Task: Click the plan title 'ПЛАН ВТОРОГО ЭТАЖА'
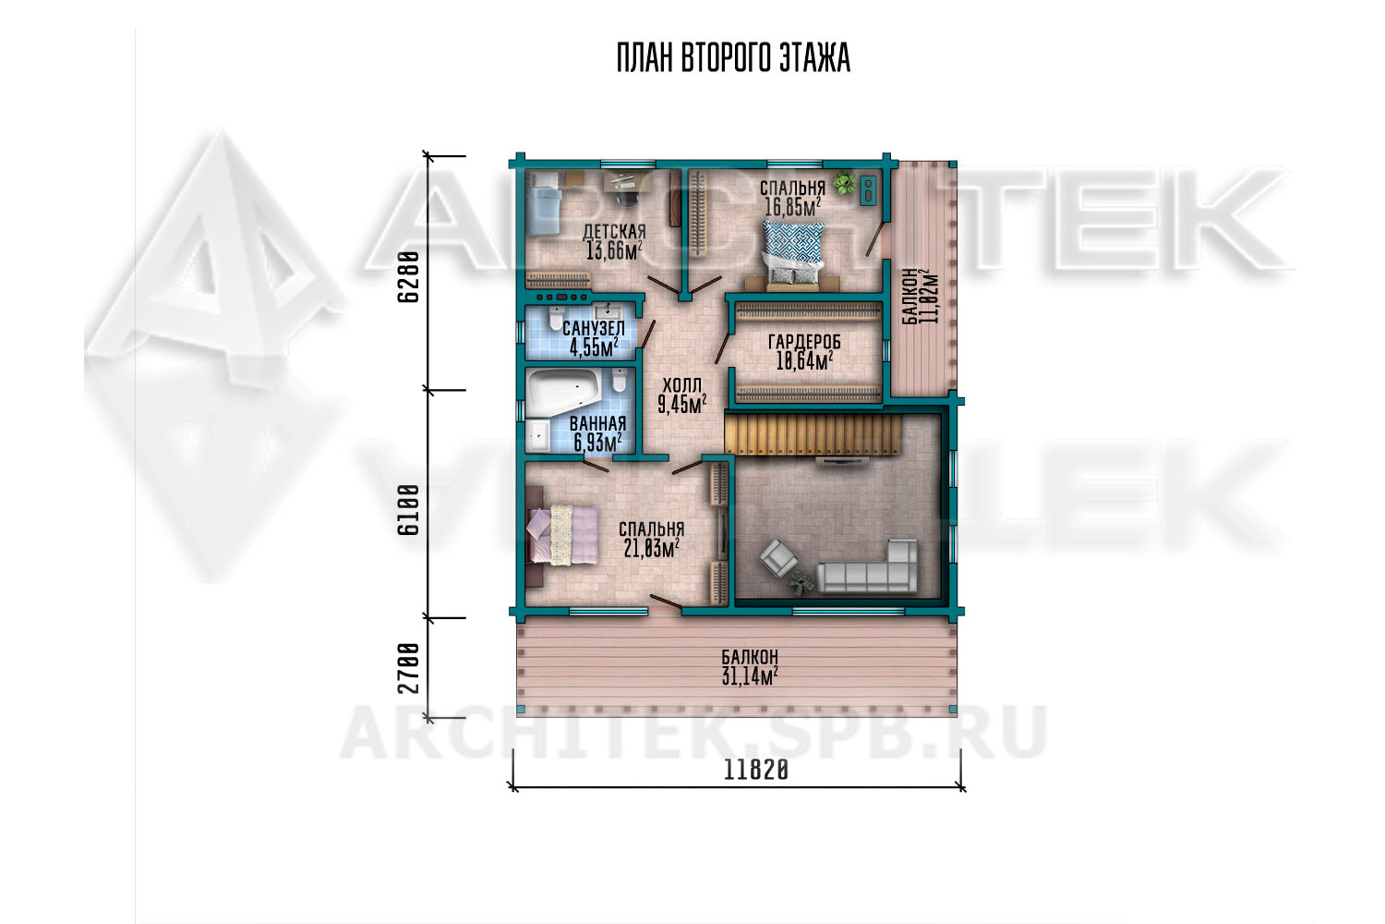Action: point(733,58)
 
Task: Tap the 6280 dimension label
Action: point(408,276)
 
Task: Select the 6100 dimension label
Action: point(408,510)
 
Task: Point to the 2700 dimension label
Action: point(408,668)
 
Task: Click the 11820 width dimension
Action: point(755,771)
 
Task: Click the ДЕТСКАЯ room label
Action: point(614,232)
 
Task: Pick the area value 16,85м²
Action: point(792,207)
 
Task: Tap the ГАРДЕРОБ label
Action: point(804,342)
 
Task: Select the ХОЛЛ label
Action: point(682,385)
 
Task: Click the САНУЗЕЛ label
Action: point(594,329)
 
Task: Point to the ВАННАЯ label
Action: point(598,424)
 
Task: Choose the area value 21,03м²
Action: point(652,548)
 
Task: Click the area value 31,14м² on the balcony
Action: point(750,676)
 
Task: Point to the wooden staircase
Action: point(813,435)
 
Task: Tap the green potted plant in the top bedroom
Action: point(843,183)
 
